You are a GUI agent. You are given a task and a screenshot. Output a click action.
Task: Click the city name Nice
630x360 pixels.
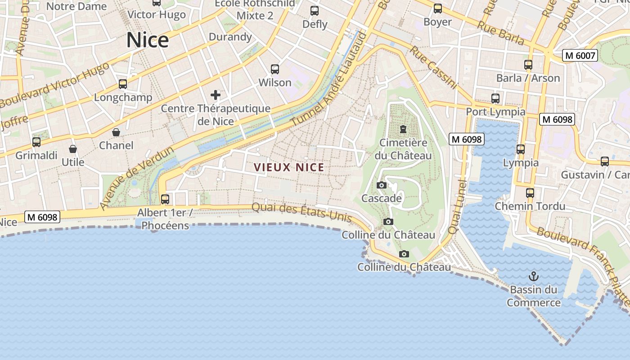[x=147, y=40]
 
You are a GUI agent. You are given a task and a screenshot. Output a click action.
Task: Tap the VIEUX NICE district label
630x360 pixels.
[x=289, y=167]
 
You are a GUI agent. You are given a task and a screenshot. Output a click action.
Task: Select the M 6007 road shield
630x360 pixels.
[x=580, y=56]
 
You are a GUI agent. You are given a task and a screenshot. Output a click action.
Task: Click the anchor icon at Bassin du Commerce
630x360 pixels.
[x=534, y=276]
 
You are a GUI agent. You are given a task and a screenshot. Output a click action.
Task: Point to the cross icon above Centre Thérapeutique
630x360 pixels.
[x=216, y=94]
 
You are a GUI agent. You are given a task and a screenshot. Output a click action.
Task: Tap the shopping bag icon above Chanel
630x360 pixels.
[x=116, y=132]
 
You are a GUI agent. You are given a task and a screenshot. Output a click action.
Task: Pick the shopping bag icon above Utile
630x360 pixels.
[x=73, y=149]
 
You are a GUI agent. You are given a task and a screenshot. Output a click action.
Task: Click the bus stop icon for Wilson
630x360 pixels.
[x=275, y=69]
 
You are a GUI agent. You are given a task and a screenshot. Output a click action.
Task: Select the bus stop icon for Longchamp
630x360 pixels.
[x=122, y=84]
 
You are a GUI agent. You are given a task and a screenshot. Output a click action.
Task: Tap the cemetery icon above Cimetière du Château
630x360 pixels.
[x=403, y=130]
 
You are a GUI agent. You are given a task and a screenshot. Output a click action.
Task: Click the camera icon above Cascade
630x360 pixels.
[x=381, y=185]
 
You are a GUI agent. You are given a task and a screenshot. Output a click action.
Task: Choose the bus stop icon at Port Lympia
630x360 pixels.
[x=495, y=98]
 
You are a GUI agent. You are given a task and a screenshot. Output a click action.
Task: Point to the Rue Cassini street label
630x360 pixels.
[x=432, y=67]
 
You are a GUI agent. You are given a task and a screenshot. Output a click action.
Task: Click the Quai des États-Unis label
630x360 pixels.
[x=301, y=212]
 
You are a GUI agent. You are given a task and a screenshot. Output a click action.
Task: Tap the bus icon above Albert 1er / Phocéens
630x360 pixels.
[x=165, y=199]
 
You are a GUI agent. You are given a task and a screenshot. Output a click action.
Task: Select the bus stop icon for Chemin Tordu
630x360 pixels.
[x=530, y=193]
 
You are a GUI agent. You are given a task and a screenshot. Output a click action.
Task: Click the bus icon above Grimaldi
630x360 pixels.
[x=36, y=142]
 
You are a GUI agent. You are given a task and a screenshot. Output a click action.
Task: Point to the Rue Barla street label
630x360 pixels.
[x=500, y=32]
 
